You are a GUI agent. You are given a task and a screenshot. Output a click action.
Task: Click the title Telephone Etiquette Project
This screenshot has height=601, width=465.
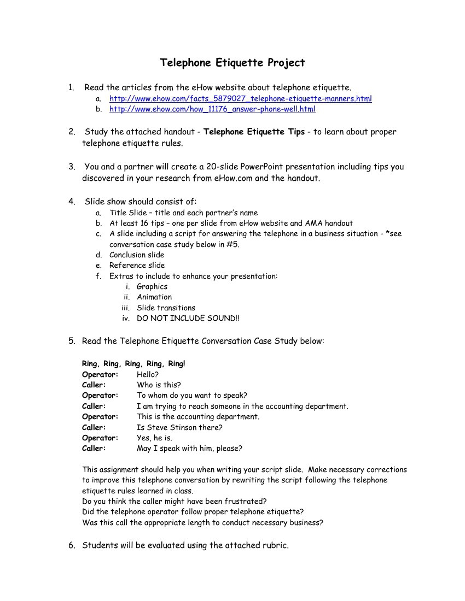coord(233,63)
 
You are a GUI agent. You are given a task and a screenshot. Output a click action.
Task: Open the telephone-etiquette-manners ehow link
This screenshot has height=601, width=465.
coord(240,99)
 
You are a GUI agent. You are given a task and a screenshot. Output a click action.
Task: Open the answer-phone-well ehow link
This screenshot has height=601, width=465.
coord(212,109)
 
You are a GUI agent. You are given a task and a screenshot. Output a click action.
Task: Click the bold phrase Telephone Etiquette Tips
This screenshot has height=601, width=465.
coord(254,132)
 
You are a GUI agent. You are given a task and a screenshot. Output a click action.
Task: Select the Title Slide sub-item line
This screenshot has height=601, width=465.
coord(183,213)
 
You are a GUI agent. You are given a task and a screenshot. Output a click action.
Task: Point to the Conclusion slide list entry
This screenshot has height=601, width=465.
coord(137,255)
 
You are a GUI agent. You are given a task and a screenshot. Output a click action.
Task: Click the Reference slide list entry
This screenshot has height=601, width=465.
coord(137,266)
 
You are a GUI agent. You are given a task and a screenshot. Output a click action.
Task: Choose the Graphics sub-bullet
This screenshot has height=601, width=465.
coord(152,287)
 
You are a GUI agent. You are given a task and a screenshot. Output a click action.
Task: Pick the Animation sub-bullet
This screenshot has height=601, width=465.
coord(154,297)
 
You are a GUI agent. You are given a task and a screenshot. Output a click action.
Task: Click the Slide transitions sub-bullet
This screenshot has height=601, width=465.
coord(166,308)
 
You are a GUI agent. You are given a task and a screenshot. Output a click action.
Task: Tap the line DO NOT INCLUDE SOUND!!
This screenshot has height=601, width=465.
coord(188,319)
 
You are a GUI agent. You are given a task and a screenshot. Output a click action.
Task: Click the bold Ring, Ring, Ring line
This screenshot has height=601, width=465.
coord(133,364)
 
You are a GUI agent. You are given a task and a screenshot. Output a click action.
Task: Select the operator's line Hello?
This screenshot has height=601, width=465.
coord(148,375)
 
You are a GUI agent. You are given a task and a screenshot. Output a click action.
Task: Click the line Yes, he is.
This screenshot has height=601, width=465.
coord(154,438)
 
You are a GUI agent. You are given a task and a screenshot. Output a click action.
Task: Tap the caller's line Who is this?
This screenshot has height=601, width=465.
coord(159,385)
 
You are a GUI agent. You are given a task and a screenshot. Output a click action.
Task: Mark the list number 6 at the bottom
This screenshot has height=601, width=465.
coord(72,545)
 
